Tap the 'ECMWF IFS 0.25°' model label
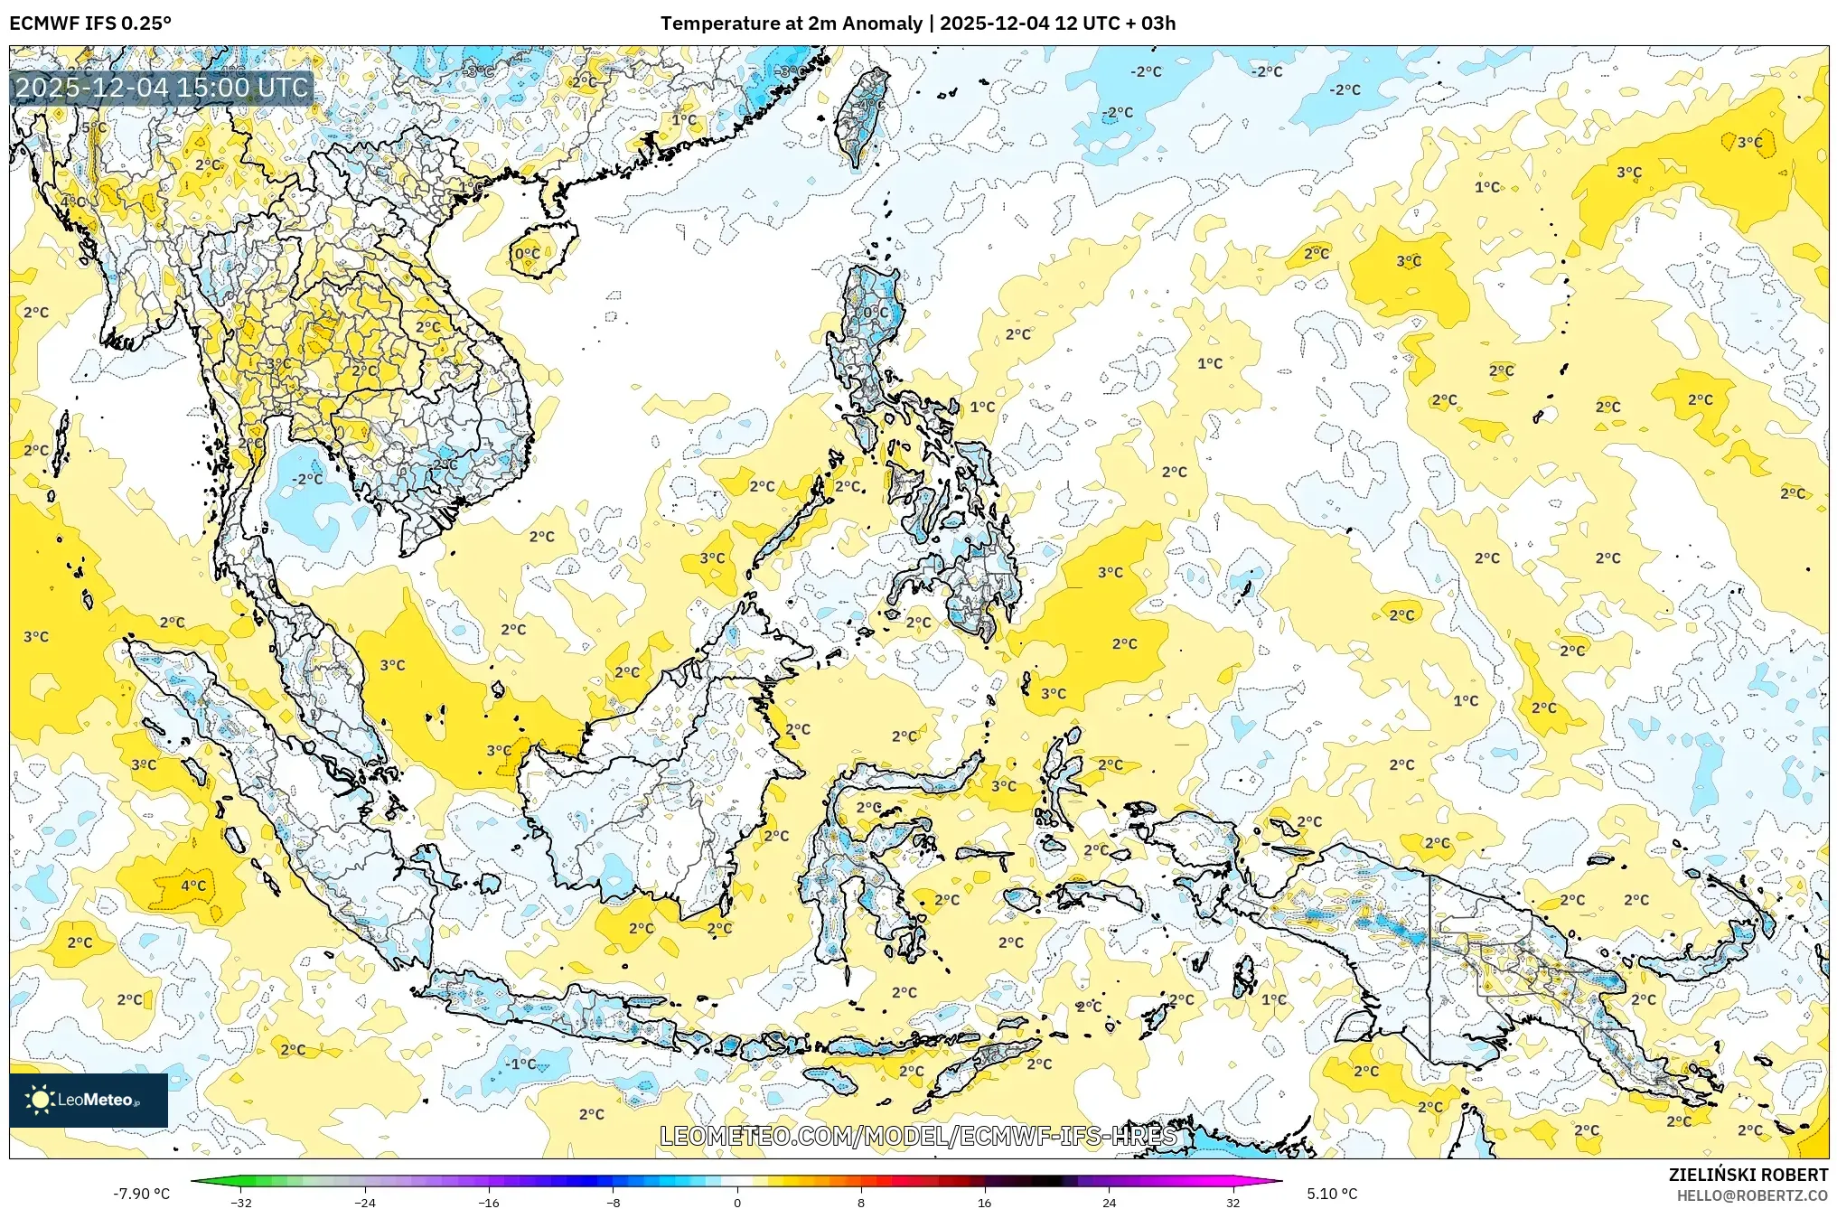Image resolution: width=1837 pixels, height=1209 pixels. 90,23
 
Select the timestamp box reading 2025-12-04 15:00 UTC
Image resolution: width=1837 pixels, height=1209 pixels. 162,88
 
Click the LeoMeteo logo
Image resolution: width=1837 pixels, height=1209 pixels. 89,1100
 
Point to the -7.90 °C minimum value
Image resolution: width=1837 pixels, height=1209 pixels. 141,1194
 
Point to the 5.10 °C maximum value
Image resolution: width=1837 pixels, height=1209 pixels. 1331,1194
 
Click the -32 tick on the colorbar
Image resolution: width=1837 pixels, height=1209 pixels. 241,1203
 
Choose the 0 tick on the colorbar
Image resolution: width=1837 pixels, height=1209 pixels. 737,1203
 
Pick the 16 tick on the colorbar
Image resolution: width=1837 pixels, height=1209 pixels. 985,1203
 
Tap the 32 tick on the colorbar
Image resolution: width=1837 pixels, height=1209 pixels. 1232,1203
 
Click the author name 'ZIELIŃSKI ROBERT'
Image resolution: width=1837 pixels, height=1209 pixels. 1748,1175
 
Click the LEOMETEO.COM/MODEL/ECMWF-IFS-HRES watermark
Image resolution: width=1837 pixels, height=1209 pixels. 918,1136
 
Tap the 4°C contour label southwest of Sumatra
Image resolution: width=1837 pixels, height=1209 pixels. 193,886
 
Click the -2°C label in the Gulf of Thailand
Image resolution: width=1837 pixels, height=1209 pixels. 307,479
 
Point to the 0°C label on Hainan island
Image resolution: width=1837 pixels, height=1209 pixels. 528,254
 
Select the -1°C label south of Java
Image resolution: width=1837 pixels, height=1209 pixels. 520,1064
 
